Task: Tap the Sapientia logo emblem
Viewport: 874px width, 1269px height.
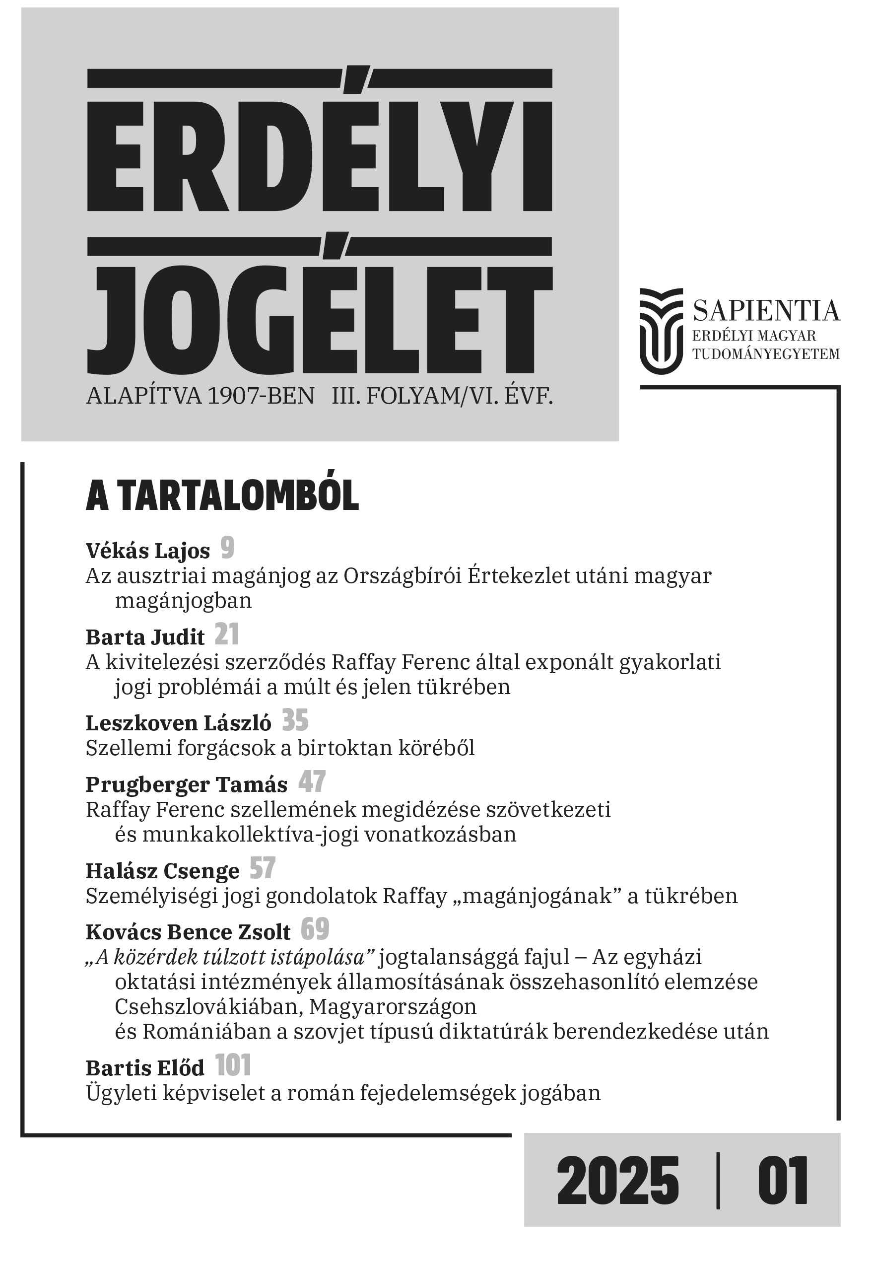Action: tap(662, 331)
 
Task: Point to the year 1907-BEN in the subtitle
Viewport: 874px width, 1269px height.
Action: tap(260, 396)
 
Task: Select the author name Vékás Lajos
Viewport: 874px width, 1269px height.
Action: tap(148, 551)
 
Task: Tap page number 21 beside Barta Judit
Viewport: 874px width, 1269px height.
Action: tap(227, 635)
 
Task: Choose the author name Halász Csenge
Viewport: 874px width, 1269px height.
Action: tap(163, 871)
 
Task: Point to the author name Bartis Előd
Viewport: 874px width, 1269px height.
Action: tap(145, 1068)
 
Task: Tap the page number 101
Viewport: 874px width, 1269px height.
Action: tap(233, 1066)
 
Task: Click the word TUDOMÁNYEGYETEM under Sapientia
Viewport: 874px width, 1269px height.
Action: tap(766, 354)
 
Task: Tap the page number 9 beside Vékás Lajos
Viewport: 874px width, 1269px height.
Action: tap(228, 548)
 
